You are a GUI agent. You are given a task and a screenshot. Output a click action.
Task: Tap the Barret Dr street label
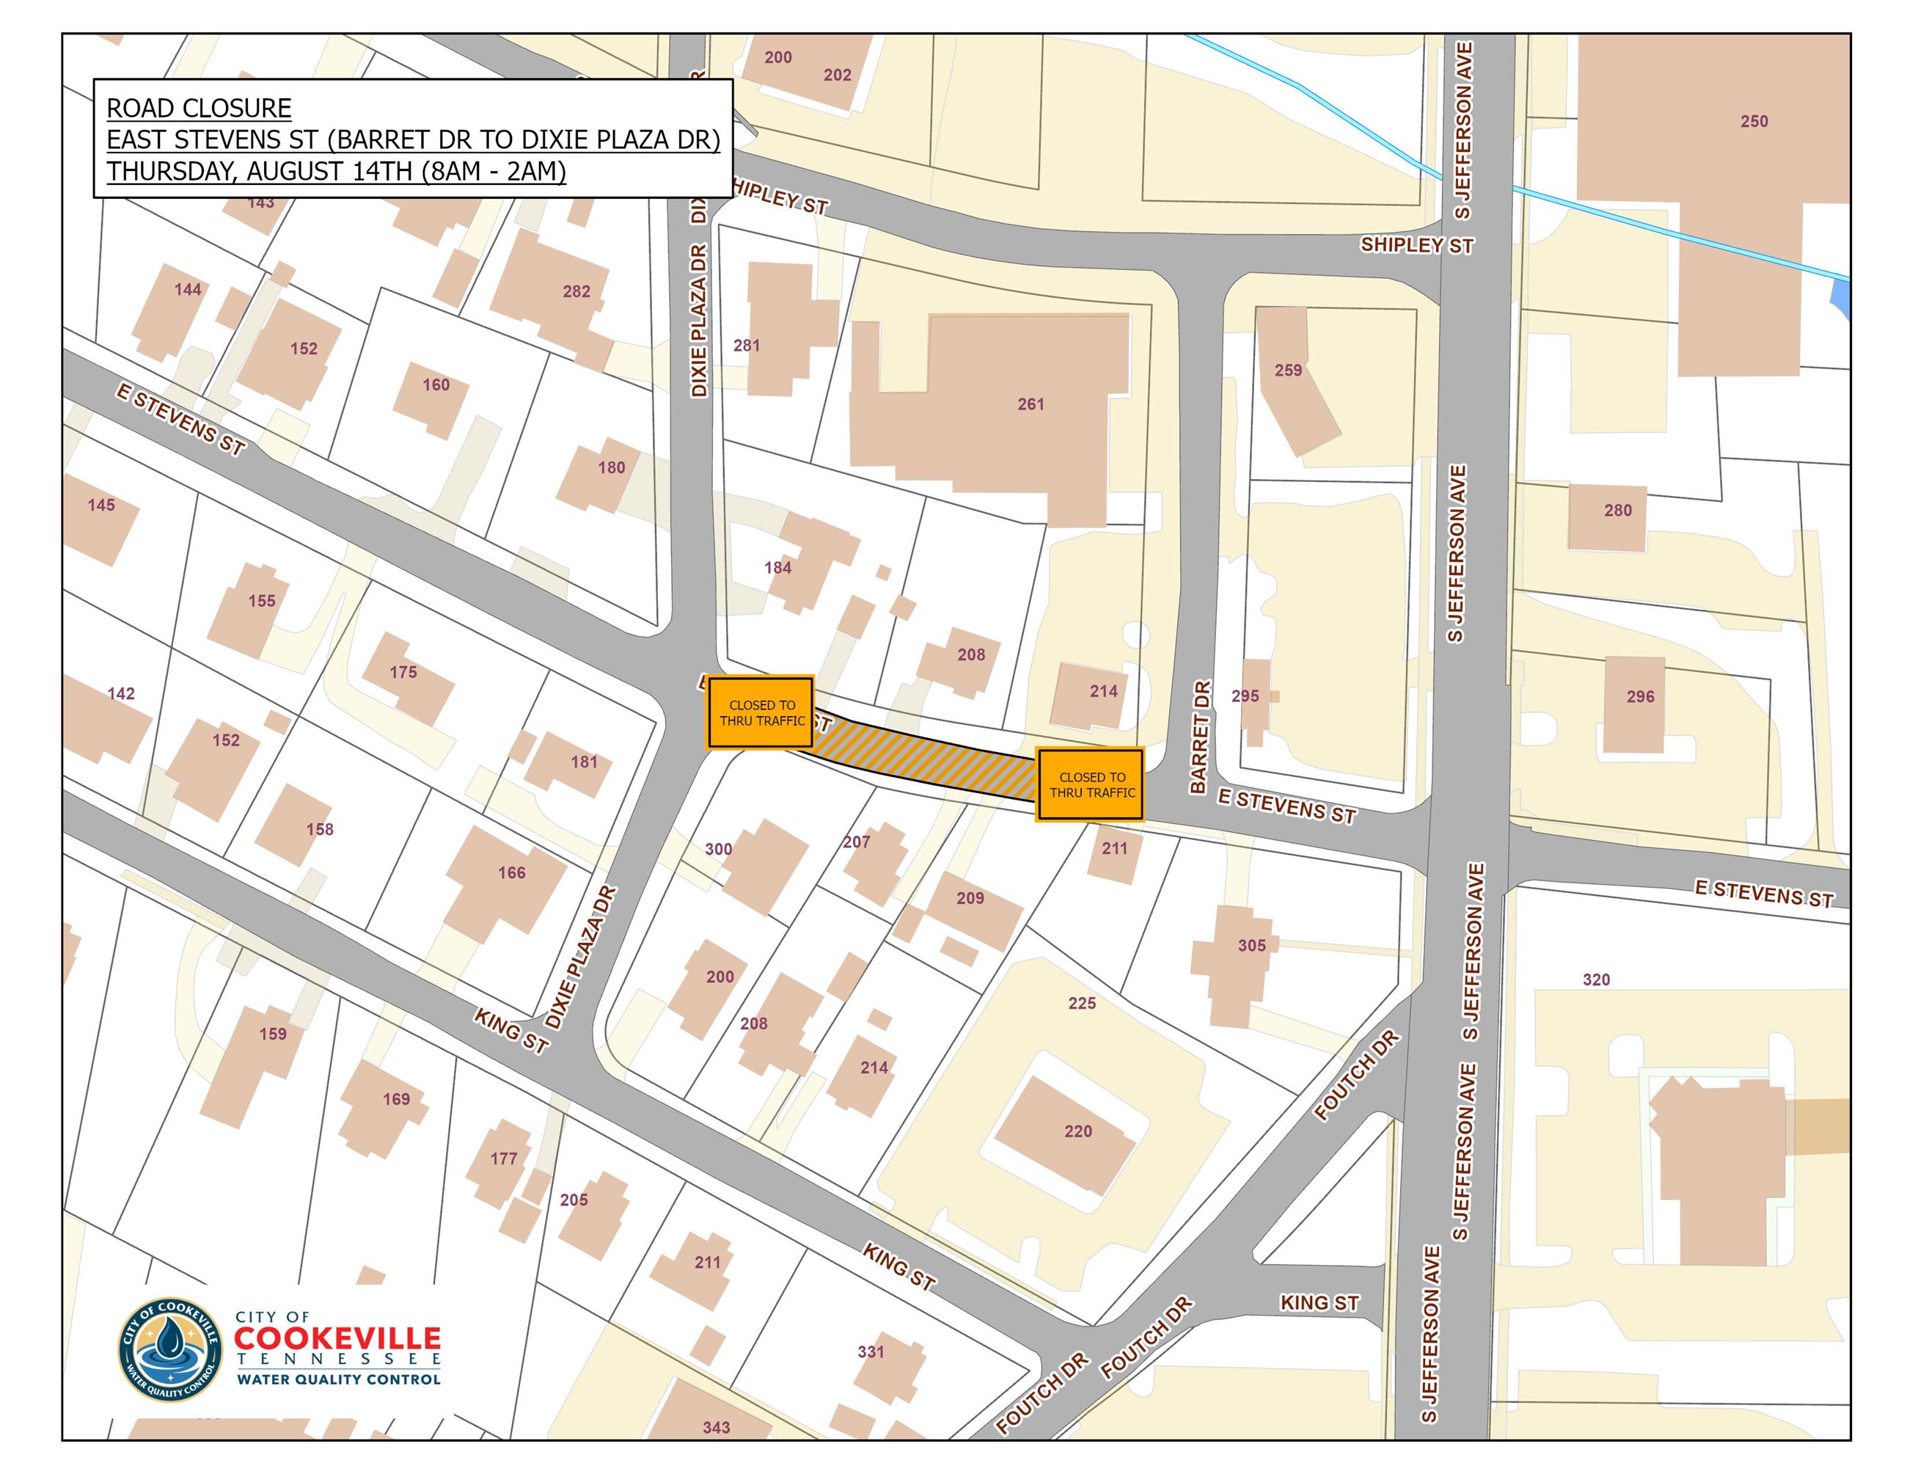[1200, 738]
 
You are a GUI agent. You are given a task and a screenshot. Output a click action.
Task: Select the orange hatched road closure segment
[926, 762]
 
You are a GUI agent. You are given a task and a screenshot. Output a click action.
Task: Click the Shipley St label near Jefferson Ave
[1416, 245]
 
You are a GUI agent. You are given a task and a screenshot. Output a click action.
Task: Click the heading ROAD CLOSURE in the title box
[199, 109]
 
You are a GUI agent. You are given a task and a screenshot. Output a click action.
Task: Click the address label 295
[1245, 696]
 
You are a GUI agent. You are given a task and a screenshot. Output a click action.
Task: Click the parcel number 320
[1596, 979]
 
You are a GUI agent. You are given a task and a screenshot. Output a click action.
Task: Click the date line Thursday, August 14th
[336, 172]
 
